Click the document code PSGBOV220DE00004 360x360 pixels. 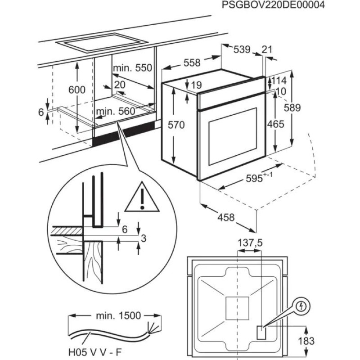point(273,5)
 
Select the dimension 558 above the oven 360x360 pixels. point(192,63)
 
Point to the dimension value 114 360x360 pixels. point(279,81)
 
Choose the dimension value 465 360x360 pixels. point(275,124)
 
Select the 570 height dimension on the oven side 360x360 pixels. point(176,126)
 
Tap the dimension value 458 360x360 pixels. point(226,218)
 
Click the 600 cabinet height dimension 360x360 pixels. point(77,90)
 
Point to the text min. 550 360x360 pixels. point(133,68)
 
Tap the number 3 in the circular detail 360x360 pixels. point(144,238)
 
